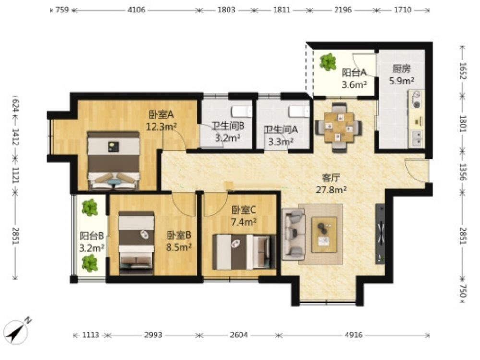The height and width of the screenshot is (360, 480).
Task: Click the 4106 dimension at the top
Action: [x=136, y=10]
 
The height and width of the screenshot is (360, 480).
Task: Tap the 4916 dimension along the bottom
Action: [x=354, y=335]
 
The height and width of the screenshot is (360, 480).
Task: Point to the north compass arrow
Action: [x=17, y=331]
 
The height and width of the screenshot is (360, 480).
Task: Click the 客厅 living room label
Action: [x=331, y=178]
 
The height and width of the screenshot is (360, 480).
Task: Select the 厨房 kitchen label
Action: [x=402, y=69]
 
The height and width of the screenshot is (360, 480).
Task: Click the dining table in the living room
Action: [x=339, y=127]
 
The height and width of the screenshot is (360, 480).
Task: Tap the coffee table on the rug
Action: [x=324, y=235]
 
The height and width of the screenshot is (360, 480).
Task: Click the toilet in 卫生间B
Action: [x=242, y=111]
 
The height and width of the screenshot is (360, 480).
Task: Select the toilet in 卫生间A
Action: [x=299, y=111]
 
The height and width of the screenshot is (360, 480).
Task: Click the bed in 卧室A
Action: [x=114, y=160]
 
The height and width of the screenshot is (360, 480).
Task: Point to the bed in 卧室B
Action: [x=136, y=242]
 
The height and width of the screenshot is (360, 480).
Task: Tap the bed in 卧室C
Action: [x=244, y=252]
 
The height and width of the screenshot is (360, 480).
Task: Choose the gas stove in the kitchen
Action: [x=416, y=99]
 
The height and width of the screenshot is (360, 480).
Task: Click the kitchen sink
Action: [x=417, y=138]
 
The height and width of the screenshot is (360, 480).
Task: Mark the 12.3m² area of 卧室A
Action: [x=161, y=126]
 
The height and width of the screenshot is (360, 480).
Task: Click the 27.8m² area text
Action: [x=331, y=190]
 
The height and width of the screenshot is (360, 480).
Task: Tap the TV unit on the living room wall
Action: [x=380, y=234]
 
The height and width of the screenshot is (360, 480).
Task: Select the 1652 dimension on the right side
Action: [x=462, y=71]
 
